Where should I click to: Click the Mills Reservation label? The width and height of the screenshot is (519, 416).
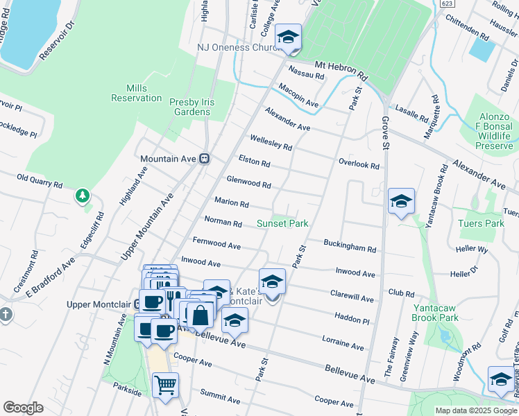136,93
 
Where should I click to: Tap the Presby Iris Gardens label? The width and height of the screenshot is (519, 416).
192,107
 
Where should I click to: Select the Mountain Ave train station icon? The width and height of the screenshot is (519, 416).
205,159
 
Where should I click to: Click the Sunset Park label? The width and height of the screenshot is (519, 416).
282,223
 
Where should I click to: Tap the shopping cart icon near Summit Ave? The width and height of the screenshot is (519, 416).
165,385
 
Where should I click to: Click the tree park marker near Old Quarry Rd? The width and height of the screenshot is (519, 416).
83,196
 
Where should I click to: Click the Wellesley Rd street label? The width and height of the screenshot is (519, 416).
271,143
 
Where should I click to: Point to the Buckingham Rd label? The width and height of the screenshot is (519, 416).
350,245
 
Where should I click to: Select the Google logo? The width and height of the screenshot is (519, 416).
23,408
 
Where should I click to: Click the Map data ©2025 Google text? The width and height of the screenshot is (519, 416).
476,410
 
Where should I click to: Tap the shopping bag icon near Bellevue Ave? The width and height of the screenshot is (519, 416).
200,315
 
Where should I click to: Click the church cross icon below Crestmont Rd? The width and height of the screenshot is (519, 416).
6,314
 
